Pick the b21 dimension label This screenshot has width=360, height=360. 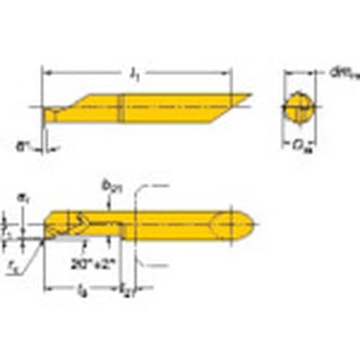point(112,189)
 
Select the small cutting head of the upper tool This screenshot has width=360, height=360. point(53,114)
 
